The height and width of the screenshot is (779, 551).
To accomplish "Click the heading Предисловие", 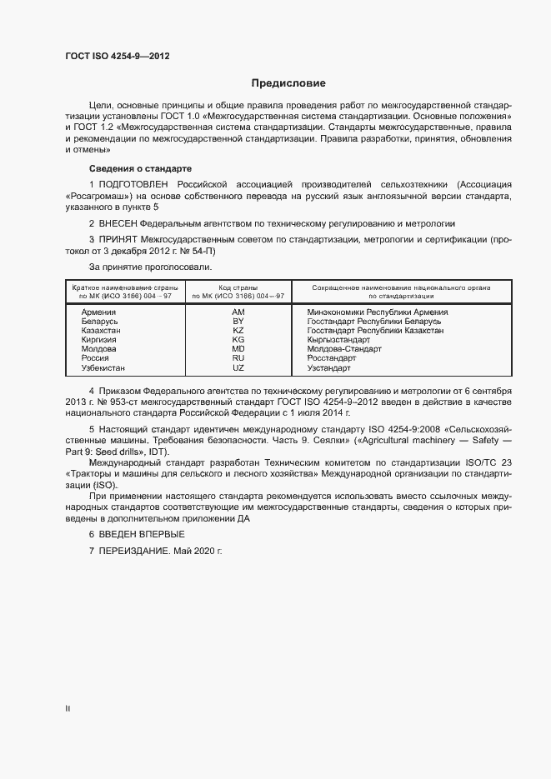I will (x=289, y=83).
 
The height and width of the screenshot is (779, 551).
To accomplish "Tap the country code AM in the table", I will (x=238, y=312).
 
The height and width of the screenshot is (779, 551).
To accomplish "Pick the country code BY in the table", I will (x=238, y=321).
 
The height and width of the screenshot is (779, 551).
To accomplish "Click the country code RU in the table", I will (x=238, y=358).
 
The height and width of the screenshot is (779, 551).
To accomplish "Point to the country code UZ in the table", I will (x=238, y=367).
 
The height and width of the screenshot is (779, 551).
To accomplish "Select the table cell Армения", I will (x=99, y=312).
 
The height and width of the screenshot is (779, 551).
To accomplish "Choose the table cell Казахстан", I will (x=102, y=330).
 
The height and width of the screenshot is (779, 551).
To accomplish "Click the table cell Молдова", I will (x=99, y=349).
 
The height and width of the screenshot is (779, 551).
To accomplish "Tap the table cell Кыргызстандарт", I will (x=338, y=340).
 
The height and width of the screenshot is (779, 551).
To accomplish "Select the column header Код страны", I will (x=238, y=287).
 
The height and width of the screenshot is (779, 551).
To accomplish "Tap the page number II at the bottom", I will (x=68, y=709).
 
